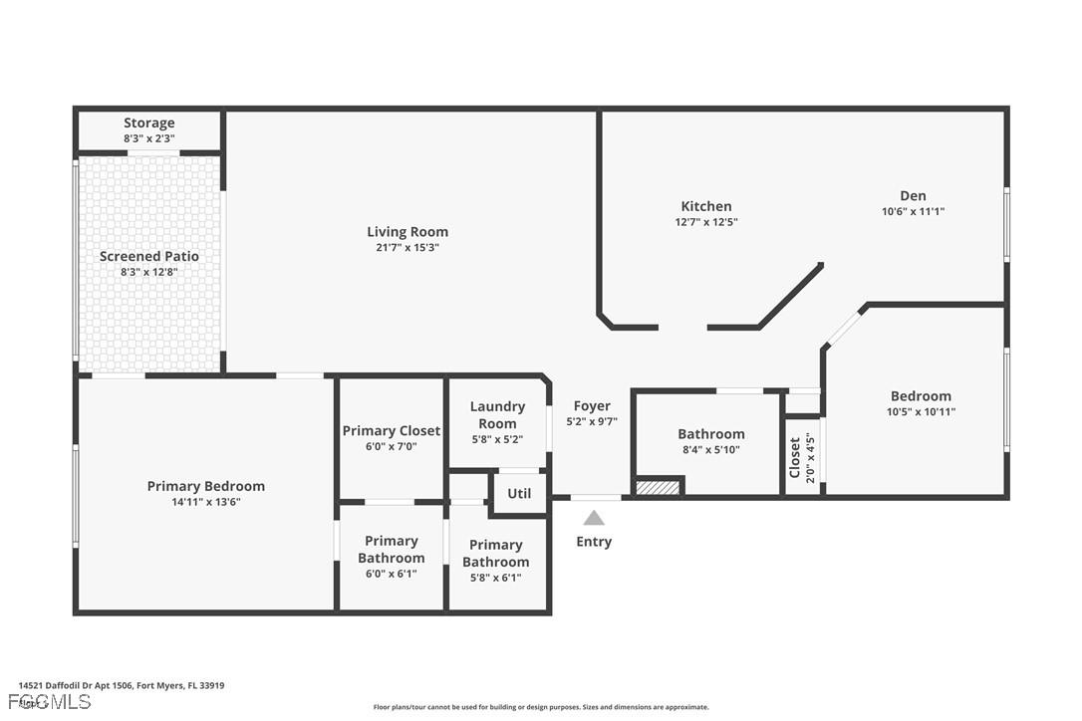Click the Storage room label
[x=148, y=123]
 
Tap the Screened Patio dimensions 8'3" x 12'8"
[x=148, y=272]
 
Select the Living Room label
[x=407, y=232]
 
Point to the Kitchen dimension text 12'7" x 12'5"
[x=705, y=222]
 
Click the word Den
[x=913, y=196]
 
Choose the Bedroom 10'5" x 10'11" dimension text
[x=921, y=411]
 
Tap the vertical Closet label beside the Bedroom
[x=795, y=457]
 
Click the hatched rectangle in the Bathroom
[x=658, y=487]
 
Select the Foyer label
[x=592, y=406]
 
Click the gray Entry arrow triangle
[x=594, y=518]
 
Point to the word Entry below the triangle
[x=594, y=542]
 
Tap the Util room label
[x=519, y=493]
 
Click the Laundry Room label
[x=497, y=414]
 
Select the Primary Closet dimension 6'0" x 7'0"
[x=391, y=447]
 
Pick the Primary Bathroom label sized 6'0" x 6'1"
[x=391, y=549]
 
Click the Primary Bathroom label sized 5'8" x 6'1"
[x=496, y=553]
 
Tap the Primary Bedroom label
[x=206, y=486]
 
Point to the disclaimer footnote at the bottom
[x=541, y=707]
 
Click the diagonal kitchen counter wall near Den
[x=791, y=295]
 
